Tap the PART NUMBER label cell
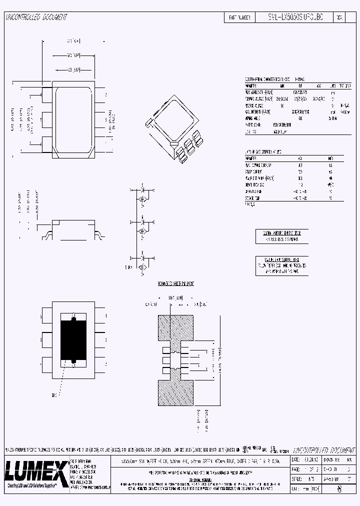click(x=239, y=17)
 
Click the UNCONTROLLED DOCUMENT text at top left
click(x=36, y=17)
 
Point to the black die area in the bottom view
click(x=73, y=339)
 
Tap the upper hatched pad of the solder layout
click(x=176, y=329)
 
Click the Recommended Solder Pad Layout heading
click(x=175, y=283)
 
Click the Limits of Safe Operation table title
click(x=263, y=151)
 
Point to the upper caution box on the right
click(x=281, y=236)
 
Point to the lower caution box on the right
click(x=281, y=265)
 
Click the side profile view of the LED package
click(x=73, y=229)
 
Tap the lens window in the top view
click(x=73, y=119)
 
